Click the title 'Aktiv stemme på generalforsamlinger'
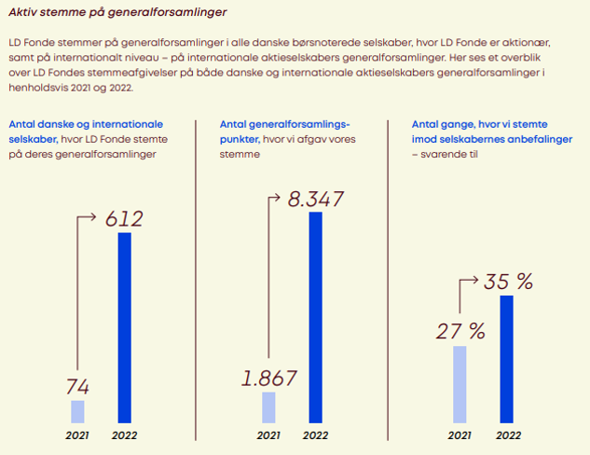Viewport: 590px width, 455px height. (x=117, y=13)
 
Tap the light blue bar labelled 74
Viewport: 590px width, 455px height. (x=77, y=411)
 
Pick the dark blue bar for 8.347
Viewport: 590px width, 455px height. (x=316, y=317)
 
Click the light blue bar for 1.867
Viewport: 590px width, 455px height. (x=268, y=407)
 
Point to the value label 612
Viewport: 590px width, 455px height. (x=123, y=219)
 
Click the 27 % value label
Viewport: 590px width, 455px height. (x=461, y=331)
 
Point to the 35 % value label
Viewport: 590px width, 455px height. (x=508, y=281)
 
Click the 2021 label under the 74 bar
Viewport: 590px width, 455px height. (x=77, y=434)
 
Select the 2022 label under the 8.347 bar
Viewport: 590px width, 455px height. (x=316, y=434)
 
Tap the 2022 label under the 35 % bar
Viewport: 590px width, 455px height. (x=508, y=434)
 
